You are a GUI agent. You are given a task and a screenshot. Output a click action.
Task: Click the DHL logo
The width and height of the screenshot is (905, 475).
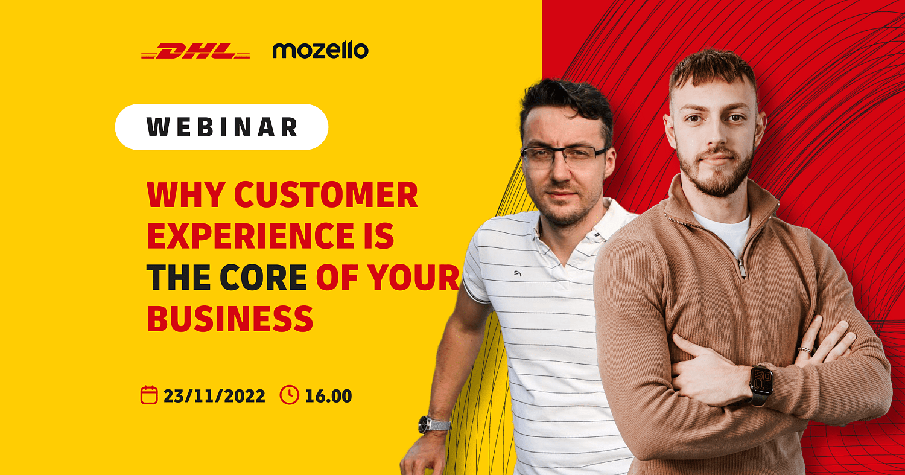pyautogui.click(x=195, y=51)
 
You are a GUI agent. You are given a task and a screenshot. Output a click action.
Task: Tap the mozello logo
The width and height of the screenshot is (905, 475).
pyautogui.click(x=320, y=50)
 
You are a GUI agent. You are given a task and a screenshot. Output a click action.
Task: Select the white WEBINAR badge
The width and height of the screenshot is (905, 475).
pyautogui.click(x=221, y=127)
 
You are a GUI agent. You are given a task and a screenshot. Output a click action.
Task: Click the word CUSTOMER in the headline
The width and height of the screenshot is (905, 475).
pyautogui.click(x=326, y=195)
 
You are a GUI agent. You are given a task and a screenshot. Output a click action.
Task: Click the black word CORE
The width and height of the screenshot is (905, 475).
pyautogui.click(x=263, y=277)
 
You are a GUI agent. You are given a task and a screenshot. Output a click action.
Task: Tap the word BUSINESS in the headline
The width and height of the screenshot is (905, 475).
pyautogui.click(x=230, y=319)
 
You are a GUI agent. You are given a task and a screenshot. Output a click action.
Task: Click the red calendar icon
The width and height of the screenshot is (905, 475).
pyautogui.click(x=148, y=395)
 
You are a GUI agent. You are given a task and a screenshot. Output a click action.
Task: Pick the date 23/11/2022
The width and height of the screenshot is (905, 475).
pyautogui.click(x=214, y=396)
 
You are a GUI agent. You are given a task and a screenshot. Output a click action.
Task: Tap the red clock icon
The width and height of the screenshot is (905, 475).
pyautogui.click(x=289, y=395)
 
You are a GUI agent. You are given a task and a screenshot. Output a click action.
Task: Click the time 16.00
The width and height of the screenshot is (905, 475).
pyautogui.click(x=328, y=396)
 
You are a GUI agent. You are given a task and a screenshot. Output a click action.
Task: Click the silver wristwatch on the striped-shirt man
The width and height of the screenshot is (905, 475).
pyautogui.click(x=434, y=425)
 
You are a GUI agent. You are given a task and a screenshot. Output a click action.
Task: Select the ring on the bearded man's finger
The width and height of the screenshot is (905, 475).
pyautogui.click(x=804, y=350)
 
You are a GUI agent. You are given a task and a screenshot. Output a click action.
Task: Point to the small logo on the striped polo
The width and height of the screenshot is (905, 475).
pyautogui.click(x=518, y=273)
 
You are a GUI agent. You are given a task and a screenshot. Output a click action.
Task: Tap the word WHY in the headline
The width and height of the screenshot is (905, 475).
pyautogui.click(x=186, y=195)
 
